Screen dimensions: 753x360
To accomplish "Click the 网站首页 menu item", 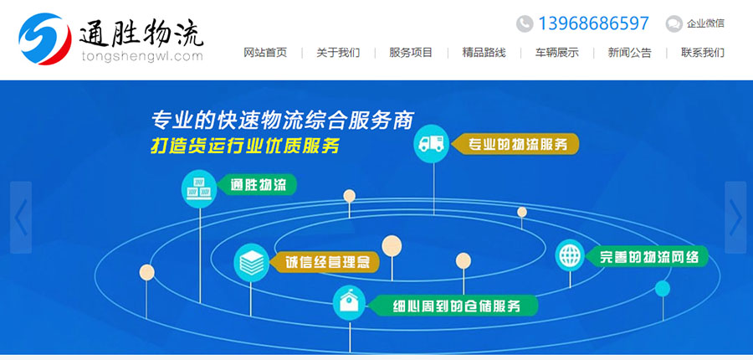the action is pos(265,53).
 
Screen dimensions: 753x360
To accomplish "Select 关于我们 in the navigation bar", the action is pos(338,53).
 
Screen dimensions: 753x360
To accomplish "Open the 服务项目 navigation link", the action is pos(411,53).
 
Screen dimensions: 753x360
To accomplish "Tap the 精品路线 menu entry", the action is pos(484,53).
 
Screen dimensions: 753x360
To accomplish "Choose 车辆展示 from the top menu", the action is pos(556,53).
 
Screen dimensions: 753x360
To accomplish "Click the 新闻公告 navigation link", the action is pos(629,53).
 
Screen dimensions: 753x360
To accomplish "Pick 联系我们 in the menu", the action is pos(703,53).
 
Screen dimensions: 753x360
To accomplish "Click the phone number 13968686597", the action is pos(593,23).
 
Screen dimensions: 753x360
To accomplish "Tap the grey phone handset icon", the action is pos(525,23).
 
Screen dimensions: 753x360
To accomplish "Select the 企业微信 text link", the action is pos(705,23).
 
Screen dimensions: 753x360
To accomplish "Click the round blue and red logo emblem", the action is pos(44,39).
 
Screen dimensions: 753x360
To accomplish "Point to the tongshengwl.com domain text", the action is pos(142,57).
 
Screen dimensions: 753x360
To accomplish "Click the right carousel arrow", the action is pos(735,217).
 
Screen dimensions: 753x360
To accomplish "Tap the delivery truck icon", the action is pos(431,144).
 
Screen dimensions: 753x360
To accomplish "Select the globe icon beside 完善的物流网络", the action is pos(570,255).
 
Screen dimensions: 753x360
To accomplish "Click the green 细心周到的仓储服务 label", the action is pos(456,306).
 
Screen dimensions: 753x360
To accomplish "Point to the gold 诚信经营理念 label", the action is pos(325,262).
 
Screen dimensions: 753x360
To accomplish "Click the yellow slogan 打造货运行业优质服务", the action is pos(245,146).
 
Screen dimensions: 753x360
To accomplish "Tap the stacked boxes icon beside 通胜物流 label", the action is pos(199,189).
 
